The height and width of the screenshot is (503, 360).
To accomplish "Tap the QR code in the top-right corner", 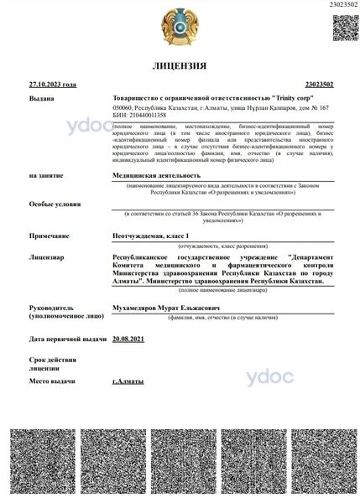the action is tap(347, 28).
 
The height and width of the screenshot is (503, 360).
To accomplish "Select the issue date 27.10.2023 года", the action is tap(52, 85).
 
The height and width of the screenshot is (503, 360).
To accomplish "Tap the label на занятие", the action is tap(46, 175).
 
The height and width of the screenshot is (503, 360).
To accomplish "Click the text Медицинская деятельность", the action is tap(159, 175).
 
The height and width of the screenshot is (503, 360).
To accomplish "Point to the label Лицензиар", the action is tap(48, 257).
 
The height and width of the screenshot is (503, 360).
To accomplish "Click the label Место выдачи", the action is tap(53, 381).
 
